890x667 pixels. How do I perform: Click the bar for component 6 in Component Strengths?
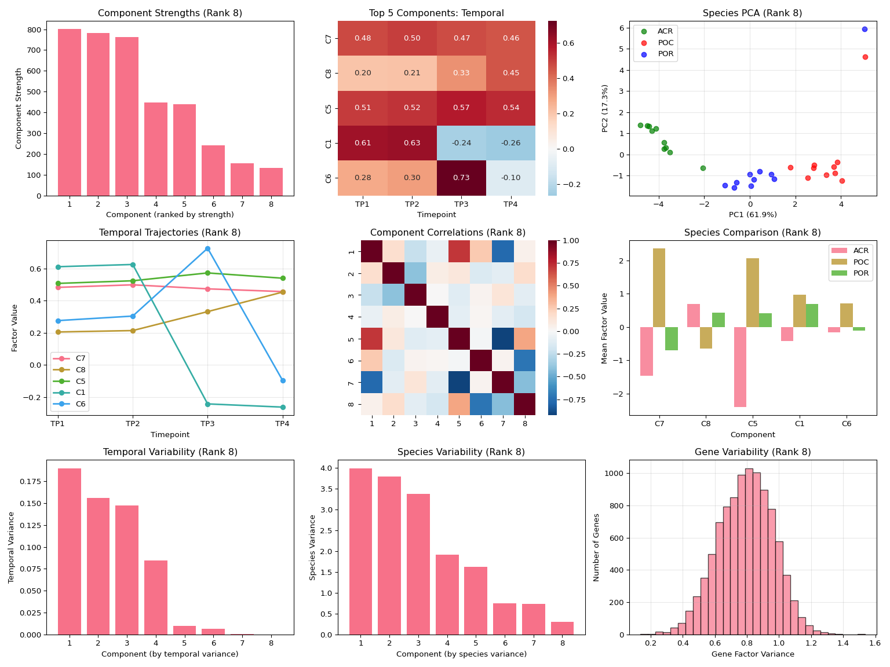coord(213,170)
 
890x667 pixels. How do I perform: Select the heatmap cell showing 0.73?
coord(461,178)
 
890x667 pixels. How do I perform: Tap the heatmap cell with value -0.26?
coord(510,143)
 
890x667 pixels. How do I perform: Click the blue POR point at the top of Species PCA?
coord(865,29)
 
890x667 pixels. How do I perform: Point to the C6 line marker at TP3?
coord(207,248)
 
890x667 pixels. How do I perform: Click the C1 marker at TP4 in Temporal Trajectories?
coord(282,407)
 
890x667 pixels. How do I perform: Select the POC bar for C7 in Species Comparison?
coord(659,288)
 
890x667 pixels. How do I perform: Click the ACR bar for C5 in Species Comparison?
coord(740,367)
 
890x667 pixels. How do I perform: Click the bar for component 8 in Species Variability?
coord(562,628)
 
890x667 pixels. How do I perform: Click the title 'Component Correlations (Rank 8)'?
coord(448,233)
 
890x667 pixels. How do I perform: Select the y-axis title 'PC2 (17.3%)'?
coord(605,108)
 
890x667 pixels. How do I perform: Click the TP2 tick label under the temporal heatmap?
coord(412,204)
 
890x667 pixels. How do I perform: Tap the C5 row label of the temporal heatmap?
coord(329,108)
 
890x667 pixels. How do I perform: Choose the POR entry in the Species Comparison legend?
coord(861,273)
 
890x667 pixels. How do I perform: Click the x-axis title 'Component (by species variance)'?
coord(461,654)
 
